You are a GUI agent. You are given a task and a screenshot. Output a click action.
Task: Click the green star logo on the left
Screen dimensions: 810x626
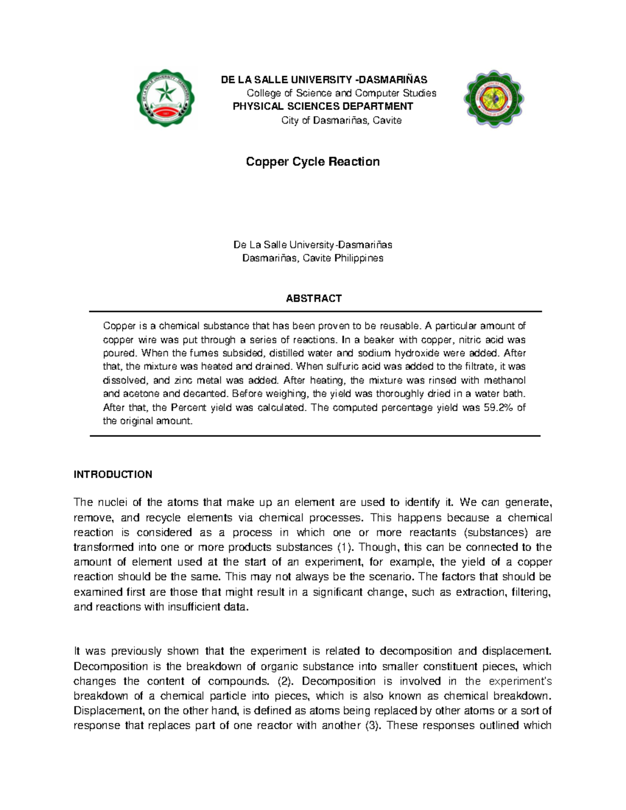pyautogui.click(x=166, y=98)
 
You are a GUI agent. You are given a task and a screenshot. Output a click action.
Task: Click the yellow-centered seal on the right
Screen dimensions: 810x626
pyautogui.click(x=494, y=99)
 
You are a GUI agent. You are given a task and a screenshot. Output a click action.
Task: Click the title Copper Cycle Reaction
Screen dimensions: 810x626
pyautogui.click(x=312, y=162)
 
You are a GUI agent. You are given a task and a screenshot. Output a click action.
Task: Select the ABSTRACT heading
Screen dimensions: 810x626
pyautogui.click(x=314, y=298)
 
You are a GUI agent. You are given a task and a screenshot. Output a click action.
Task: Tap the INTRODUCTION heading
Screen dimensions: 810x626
pyautogui.click(x=113, y=474)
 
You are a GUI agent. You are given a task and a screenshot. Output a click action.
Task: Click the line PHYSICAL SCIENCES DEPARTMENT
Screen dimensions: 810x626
pyautogui.click(x=322, y=106)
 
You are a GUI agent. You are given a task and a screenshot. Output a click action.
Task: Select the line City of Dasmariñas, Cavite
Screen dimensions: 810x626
pyautogui.click(x=341, y=120)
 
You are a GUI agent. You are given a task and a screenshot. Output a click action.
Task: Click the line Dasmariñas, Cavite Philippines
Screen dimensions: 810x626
pyautogui.click(x=312, y=258)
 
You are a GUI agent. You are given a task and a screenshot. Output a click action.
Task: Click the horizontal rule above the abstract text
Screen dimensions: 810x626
pyautogui.click(x=315, y=311)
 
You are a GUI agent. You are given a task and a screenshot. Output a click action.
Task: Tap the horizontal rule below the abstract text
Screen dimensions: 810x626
pyautogui.click(x=315, y=436)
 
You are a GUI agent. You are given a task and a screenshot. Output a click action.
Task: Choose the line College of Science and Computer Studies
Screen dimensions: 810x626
pyautogui.click(x=341, y=93)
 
